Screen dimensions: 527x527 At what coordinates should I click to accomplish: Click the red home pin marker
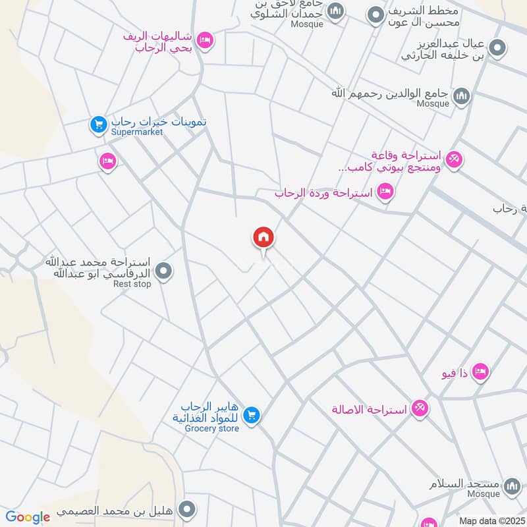263,237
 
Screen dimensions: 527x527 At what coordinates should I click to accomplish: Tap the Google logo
28,518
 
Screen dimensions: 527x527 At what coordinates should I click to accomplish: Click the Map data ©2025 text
491,521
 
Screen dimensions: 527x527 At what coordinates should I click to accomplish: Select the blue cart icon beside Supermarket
99,123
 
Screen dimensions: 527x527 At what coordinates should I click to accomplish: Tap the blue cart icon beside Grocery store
251,414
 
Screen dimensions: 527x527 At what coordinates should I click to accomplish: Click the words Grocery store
211,429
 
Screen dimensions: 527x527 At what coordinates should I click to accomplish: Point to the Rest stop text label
132,284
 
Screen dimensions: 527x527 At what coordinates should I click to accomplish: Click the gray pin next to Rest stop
164,270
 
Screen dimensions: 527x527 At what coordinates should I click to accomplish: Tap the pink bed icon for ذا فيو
481,372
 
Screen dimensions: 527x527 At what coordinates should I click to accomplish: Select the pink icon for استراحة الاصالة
420,408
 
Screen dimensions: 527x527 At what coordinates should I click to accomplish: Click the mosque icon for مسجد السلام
511,487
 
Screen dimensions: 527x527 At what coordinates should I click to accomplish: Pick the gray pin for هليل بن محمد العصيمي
188,509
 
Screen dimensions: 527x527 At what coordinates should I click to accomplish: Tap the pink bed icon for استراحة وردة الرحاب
386,192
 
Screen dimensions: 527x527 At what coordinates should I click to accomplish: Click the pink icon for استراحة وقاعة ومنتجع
454,159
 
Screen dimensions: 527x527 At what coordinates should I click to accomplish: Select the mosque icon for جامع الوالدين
462,96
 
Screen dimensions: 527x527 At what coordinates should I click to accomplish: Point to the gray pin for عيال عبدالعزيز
499,47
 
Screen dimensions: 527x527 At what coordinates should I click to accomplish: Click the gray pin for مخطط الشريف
375,14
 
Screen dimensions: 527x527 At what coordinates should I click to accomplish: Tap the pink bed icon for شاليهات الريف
205,41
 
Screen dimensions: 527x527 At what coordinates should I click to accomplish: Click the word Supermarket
137,132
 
